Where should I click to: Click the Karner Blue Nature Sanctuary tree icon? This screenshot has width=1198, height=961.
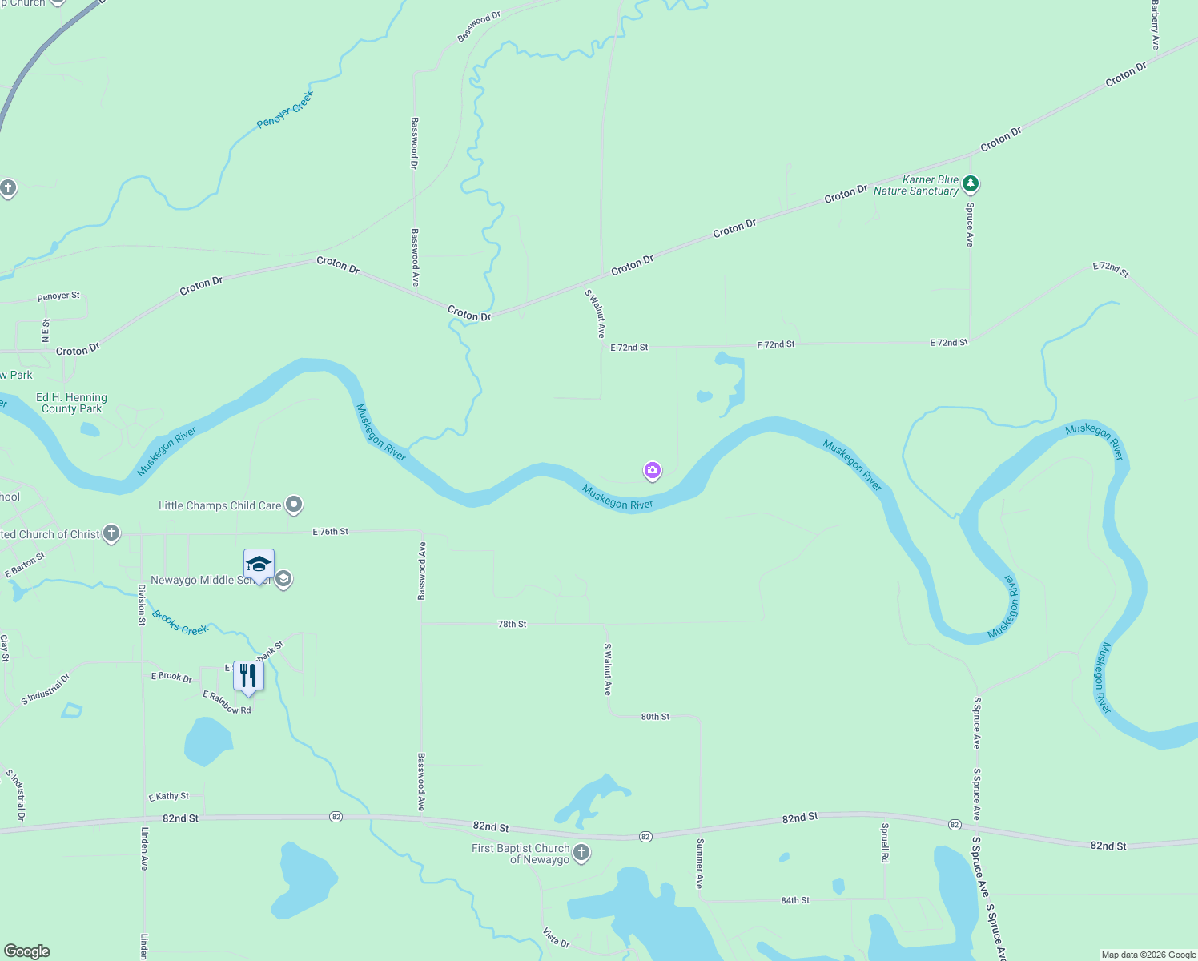[x=971, y=184]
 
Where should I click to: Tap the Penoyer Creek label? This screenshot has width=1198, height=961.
[x=285, y=111]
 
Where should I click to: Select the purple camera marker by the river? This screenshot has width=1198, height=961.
[x=653, y=471]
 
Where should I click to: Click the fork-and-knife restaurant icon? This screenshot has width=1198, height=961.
[x=248, y=676]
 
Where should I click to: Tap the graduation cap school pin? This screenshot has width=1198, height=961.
[x=259, y=565]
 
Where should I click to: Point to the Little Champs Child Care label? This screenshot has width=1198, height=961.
[x=219, y=505]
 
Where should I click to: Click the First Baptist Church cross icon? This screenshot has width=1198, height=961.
[x=582, y=854]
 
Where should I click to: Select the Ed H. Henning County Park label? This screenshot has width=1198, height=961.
[x=71, y=403]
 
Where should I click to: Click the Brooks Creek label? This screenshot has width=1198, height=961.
[x=180, y=624]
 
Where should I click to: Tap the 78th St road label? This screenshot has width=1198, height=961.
[x=513, y=624]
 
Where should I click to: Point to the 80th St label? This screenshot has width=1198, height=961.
[x=655, y=717]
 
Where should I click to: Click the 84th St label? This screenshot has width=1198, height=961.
[x=795, y=900]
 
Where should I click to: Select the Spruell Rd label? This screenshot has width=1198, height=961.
[x=885, y=842]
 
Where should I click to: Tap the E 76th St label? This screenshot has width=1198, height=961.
[x=330, y=532]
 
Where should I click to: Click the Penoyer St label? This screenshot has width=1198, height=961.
[x=58, y=296]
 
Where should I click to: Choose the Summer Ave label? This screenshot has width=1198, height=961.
[x=699, y=863]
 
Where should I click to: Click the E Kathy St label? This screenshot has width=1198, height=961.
[x=169, y=796]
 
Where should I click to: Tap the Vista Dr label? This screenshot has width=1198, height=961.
[x=556, y=938]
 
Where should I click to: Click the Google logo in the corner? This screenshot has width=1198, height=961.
[x=27, y=951]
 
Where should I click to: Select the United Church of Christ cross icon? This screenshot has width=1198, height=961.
[x=111, y=533]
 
